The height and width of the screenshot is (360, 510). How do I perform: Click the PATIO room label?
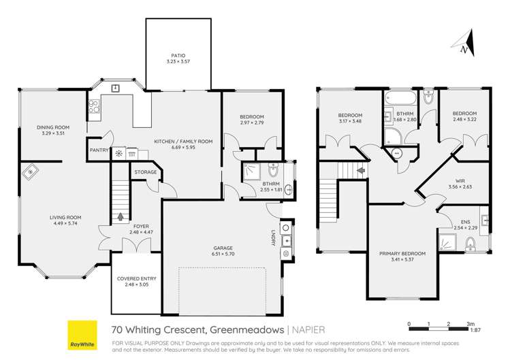tap(177, 56)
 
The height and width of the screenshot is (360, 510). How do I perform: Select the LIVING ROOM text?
tap(65, 218)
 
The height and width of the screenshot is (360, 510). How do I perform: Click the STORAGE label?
tap(145, 172)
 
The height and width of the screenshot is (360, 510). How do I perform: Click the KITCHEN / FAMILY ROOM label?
tap(183, 142)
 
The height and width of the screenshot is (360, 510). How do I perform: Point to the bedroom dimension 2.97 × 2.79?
tap(251, 123)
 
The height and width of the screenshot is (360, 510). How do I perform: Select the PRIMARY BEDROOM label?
tap(402, 253)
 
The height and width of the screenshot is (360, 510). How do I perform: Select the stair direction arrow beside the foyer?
tap(121, 217)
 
